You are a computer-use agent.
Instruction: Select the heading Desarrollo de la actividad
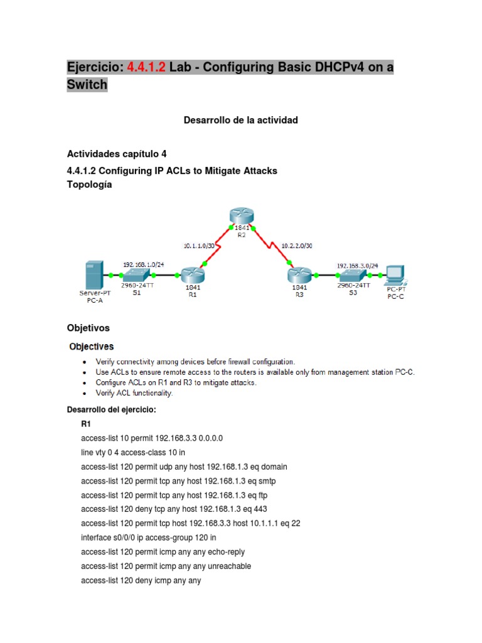point(240,119)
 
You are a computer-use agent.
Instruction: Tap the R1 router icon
point(191,274)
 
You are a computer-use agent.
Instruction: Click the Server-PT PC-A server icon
point(92,274)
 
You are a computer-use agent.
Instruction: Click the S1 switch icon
point(136,275)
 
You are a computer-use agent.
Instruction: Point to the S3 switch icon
point(353,274)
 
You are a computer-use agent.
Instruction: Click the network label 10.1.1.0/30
point(200,247)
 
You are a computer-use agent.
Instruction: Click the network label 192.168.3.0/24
point(353,265)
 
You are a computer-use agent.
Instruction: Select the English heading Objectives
point(91,346)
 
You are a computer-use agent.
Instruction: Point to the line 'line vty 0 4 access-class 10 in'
point(133,452)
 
